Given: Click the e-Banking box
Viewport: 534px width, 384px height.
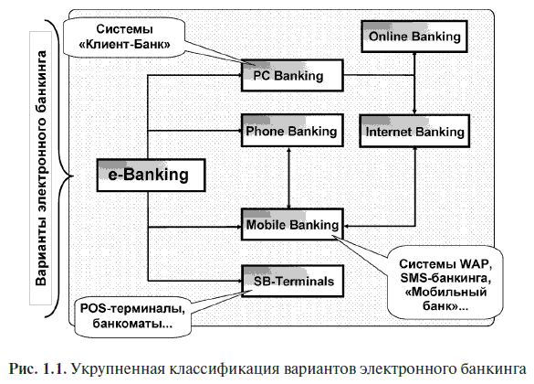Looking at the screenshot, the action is click(x=152, y=175).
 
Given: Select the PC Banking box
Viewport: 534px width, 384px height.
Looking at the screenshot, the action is click(x=292, y=75).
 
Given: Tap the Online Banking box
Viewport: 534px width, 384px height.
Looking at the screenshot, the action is click(x=414, y=37).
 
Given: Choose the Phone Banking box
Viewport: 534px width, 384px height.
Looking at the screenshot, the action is click(x=292, y=131).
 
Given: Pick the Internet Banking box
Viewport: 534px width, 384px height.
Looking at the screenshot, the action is click(x=414, y=132).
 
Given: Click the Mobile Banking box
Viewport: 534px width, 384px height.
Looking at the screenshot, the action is click(x=292, y=224).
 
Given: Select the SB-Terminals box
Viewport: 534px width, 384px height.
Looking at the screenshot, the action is click(x=292, y=281).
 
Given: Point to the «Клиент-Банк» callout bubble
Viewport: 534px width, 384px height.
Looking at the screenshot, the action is click(x=124, y=37).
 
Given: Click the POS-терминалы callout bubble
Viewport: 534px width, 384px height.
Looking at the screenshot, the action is click(x=132, y=316).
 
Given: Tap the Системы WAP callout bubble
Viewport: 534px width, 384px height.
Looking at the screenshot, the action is click(x=445, y=283).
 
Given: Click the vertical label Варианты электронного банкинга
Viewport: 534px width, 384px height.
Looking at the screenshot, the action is click(x=41, y=168).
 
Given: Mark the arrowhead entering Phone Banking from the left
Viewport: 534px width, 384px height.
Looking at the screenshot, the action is click(x=238, y=131).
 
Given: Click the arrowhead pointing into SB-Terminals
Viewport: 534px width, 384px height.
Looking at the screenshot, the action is click(x=238, y=281).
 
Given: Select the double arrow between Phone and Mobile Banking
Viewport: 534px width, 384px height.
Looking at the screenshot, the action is click(x=288, y=177).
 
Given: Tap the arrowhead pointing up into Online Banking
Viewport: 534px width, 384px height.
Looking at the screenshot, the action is click(x=414, y=55).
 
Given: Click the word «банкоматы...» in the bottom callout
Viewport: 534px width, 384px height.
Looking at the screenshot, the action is click(x=132, y=323).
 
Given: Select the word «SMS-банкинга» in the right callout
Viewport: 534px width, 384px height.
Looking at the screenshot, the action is click(x=445, y=278).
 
